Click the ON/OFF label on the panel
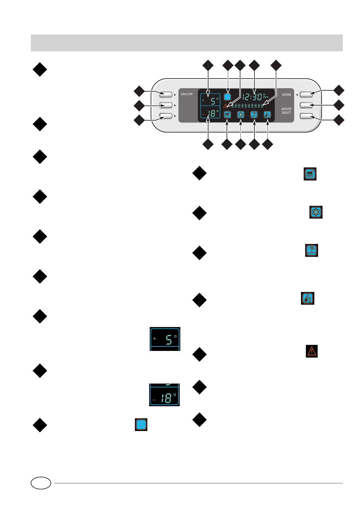click(x=187, y=94)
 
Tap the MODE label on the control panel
click(x=286, y=95)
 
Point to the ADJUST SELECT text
click(x=286, y=111)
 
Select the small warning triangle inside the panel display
click(x=225, y=106)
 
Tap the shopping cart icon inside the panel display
click(x=227, y=115)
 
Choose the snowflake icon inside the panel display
click(x=241, y=115)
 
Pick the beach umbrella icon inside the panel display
click(x=254, y=115)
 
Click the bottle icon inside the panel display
click(x=267, y=115)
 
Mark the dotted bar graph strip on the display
click(x=247, y=106)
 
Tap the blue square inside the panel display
click(x=227, y=97)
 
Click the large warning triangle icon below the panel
click(x=312, y=351)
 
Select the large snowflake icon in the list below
click(x=316, y=212)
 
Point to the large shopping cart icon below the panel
click(x=310, y=174)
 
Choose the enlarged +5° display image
click(x=165, y=339)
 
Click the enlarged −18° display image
click(x=164, y=395)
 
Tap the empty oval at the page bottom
click(x=41, y=483)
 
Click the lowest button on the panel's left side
click(x=166, y=116)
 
